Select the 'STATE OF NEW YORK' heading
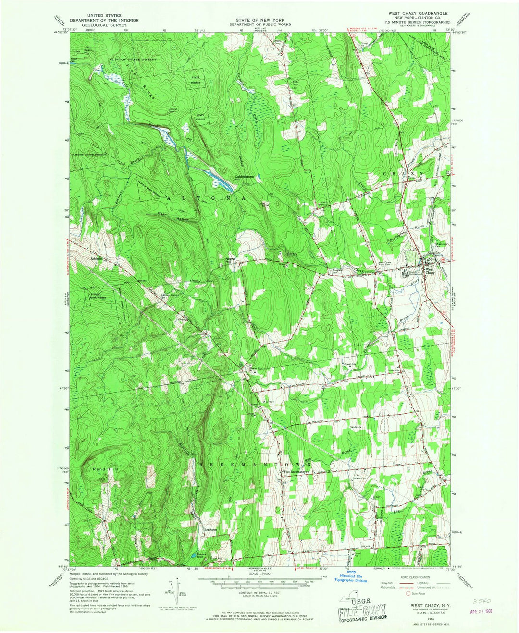[x=259, y=15]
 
